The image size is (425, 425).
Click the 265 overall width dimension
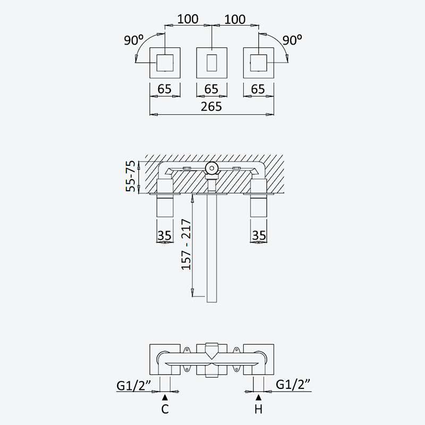(211, 107)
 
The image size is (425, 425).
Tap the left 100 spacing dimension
(188, 19)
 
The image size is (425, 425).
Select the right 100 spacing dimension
(235, 19)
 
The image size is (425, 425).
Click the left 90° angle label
(134, 40)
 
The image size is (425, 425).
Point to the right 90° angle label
(292, 40)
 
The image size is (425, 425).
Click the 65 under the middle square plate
(211, 89)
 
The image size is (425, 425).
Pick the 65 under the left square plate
(165, 89)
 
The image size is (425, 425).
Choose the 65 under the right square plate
(258, 89)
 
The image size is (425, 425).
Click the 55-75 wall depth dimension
(130, 176)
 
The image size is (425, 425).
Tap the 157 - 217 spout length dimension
(186, 244)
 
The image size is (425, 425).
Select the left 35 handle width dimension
(165, 235)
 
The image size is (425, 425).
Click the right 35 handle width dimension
(259, 235)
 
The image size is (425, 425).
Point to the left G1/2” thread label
(134, 385)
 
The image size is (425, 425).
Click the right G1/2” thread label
(293, 384)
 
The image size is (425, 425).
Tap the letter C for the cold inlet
(165, 409)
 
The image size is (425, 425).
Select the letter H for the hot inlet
(259, 409)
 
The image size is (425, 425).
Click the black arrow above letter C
(165, 397)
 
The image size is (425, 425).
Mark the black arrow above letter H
(259, 397)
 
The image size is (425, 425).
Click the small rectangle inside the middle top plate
(211, 63)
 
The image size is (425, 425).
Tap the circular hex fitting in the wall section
(211, 168)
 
